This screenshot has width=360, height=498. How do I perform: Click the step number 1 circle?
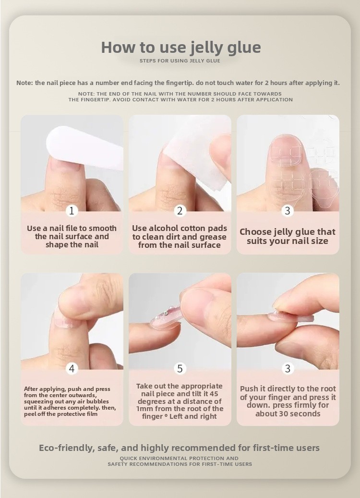(x=72, y=210)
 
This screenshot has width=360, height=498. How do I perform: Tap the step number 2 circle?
(x=180, y=210)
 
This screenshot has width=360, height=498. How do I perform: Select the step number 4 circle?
(x=72, y=368)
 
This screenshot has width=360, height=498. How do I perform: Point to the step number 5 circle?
(x=180, y=368)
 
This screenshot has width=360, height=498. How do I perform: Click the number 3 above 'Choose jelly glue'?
(x=288, y=210)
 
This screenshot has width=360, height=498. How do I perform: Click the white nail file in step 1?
(x=85, y=148)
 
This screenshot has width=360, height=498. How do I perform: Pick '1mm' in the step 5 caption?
(x=145, y=409)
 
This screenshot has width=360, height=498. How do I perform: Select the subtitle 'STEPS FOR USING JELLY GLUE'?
(x=180, y=61)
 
